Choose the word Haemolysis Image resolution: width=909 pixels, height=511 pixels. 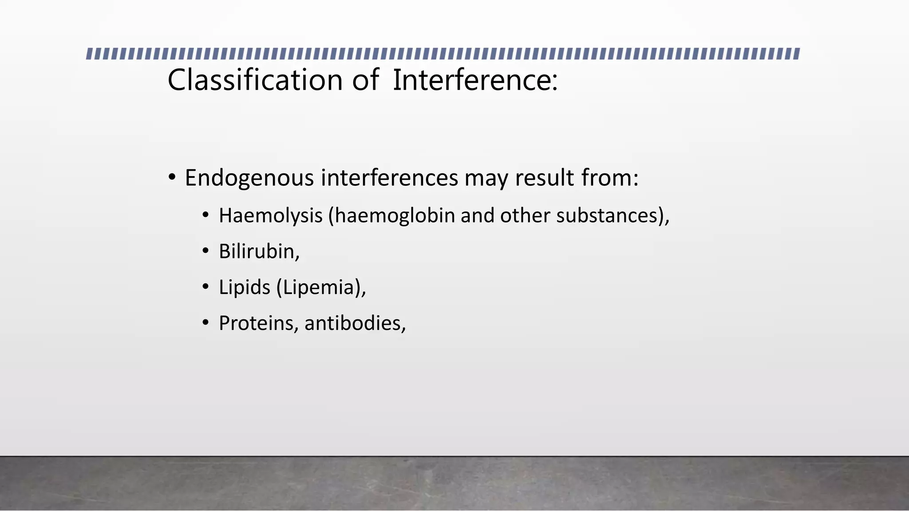coord(270,216)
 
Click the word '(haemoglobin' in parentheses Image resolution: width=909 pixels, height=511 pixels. coord(391,216)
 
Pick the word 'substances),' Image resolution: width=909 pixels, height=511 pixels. coord(613,216)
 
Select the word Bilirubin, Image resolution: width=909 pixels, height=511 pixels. coord(259,252)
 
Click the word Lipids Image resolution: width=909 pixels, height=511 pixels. coord(244,287)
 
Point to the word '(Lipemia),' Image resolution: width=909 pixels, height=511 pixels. coord(321,287)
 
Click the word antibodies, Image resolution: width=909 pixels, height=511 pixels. coord(355,323)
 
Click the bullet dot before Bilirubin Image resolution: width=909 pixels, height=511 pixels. coord(205,252)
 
